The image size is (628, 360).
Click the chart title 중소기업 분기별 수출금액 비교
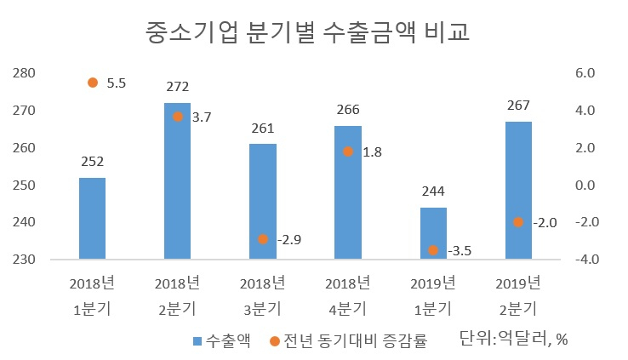[307, 31]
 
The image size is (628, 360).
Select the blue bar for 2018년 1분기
[92, 218]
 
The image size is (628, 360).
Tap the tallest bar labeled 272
[178, 181]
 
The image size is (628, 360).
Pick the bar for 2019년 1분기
[433, 233]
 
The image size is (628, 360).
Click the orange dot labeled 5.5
[93, 83]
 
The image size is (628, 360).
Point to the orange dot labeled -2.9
[263, 239]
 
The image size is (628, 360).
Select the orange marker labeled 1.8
[348, 151]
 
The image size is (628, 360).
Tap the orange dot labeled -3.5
[433, 250]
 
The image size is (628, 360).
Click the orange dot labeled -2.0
[518, 222]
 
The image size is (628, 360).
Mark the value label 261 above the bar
[263, 129]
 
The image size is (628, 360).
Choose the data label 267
[518, 106]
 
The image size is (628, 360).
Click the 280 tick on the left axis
[24, 73]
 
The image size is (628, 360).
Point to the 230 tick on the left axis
[24, 259]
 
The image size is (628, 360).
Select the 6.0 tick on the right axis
[585, 73]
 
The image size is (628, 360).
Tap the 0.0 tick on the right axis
[585, 185]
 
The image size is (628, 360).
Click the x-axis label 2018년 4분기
[348, 296]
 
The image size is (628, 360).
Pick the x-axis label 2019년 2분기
[518, 296]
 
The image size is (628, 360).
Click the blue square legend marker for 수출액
[197, 341]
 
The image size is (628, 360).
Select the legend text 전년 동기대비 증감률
[356, 340]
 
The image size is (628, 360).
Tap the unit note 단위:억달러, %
[513, 339]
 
